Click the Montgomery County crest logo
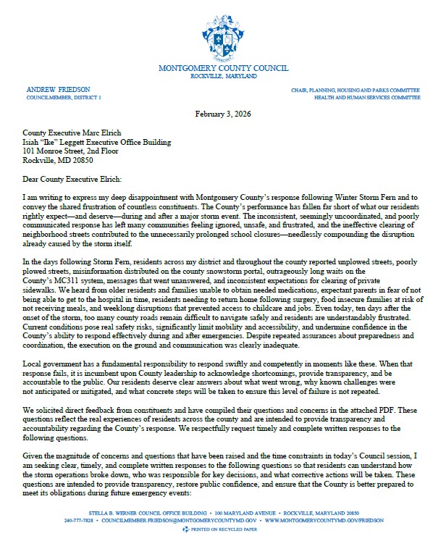click(x=222, y=33)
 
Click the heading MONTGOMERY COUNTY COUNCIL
click(x=222, y=68)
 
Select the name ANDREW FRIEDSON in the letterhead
click(x=52, y=88)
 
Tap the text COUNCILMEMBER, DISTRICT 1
click(x=64, y=96)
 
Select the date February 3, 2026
click(x=223, y=114)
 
